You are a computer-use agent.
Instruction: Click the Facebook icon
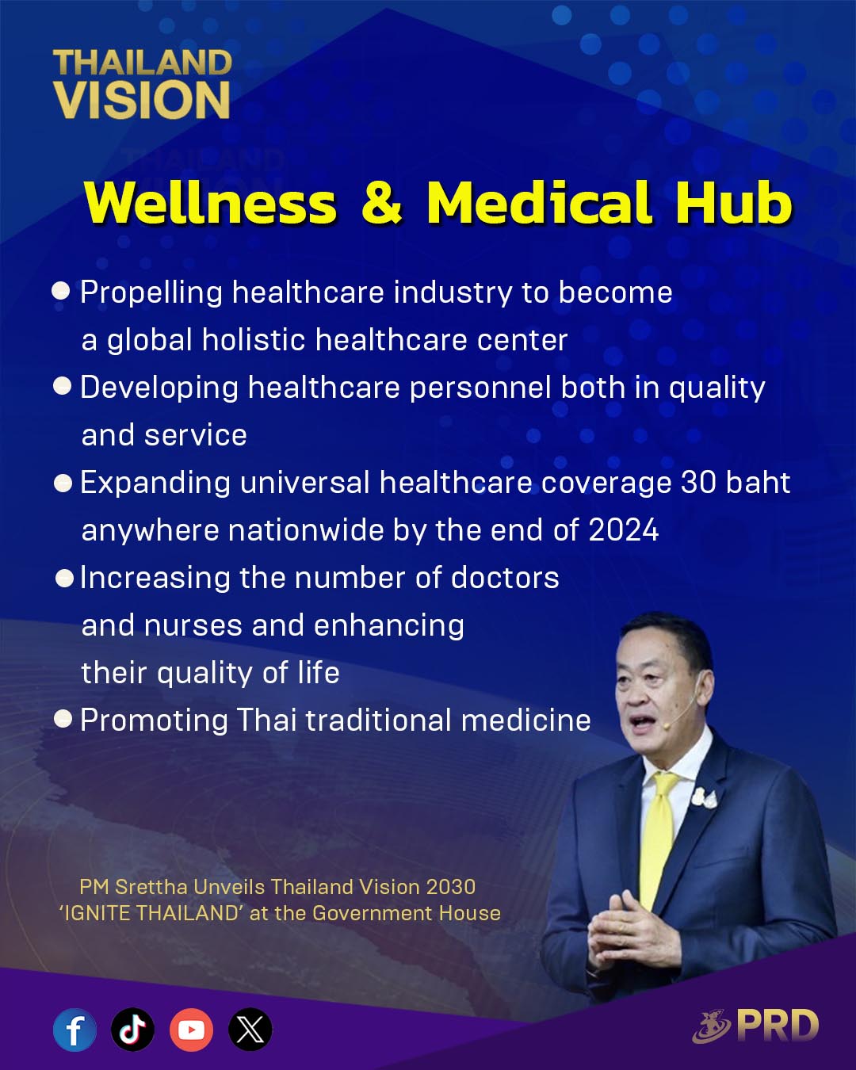click(x=75, y=1030)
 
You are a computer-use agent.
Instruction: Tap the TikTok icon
click(x=132, y=1030)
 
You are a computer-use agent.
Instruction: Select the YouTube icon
click(x=191, y=1030)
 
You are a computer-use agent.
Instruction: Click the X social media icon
click(x=250, y=1030)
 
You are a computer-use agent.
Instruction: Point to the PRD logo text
click(x=778, y=1026)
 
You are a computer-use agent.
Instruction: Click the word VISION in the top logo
click(x=142, y=99)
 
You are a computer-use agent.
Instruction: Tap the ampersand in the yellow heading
click(x=381, y=203)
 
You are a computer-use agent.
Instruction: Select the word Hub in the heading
click(x=734, y=201)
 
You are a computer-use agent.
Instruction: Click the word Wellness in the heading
click(x=211, y=202)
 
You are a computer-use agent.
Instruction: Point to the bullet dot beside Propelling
click(x=61, y=291)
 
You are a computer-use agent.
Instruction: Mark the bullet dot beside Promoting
click(x=63, y=718)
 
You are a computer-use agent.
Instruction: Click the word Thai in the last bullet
click(x=266, y=720)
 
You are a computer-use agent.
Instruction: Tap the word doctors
click(x=505, y=578)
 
